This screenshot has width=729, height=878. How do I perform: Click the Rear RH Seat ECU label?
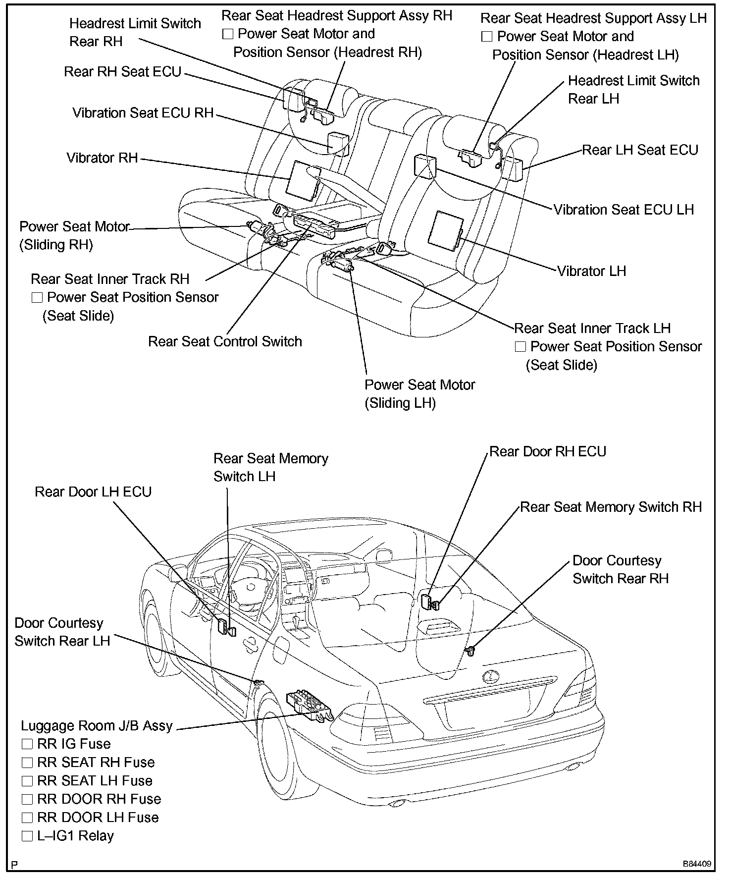pos(123,72)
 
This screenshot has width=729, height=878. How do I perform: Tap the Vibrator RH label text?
pos(102,158)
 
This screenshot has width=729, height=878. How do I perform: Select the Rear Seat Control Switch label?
pos(225,341)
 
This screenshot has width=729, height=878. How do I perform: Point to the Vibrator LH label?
pos(591,271)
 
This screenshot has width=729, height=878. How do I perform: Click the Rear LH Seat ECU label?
pos(640,150)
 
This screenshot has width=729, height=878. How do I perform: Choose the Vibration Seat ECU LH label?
pos(624,210)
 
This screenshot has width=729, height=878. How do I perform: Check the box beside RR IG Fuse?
pos(27,744)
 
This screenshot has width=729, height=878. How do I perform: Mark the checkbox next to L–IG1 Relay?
pos(27,836)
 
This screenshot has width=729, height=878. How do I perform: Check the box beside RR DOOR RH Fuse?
pos(27,799)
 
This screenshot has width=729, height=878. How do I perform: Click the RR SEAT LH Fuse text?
pos(95,781)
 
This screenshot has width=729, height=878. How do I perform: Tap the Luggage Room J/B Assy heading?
pos(97,726)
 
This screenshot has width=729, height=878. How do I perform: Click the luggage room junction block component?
pos(309,704)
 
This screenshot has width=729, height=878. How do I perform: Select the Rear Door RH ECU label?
pos(548,451)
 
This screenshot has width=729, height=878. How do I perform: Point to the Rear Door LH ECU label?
pos(93,492)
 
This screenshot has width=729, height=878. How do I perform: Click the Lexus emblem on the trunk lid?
pos(491,677)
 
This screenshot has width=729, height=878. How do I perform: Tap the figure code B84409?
pos(697,864)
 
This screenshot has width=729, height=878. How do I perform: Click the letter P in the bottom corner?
pos(15,865)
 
